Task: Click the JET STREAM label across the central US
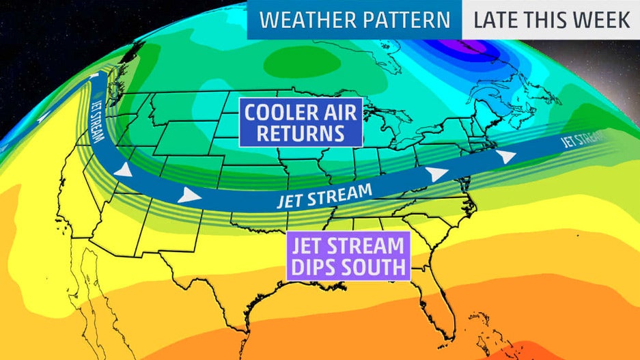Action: tap(324, 195)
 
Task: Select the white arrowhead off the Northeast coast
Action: tap(505, 156)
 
